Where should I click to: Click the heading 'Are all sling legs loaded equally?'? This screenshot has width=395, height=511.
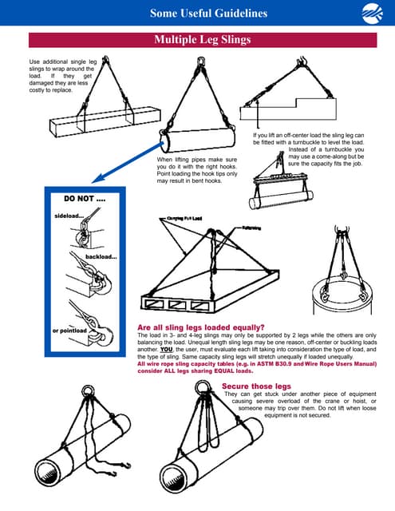pos(200,327)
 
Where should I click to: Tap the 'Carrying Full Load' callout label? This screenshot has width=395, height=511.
pos(185,218)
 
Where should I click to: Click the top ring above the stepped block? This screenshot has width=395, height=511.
pos(304,63)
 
